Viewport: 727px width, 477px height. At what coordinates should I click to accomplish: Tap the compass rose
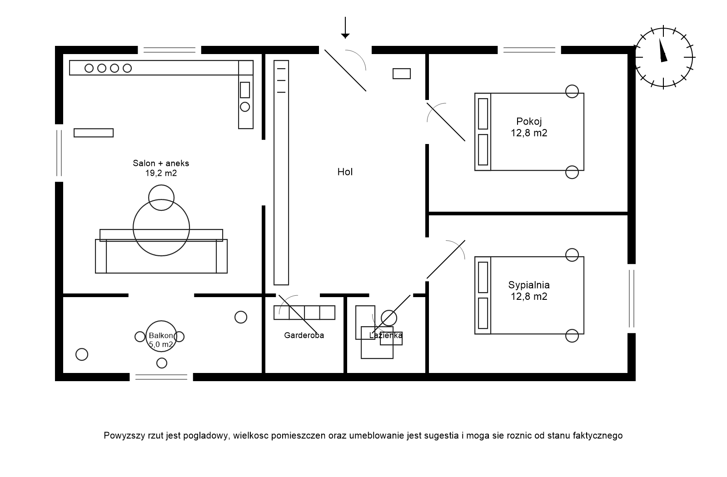point(664,57)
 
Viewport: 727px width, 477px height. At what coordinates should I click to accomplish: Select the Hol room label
point(345,172)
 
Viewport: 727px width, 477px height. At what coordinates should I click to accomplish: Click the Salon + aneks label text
point(161,163)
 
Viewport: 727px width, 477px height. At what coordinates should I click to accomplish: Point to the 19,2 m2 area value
point(161,173)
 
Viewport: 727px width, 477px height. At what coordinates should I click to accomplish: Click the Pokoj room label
point(529,121)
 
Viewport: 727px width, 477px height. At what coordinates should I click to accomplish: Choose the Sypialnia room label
point(529,285)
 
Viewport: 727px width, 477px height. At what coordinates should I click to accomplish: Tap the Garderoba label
point(304,335)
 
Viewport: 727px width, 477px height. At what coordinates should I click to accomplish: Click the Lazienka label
point(386,335)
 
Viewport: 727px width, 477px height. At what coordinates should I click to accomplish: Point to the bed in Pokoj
point(529,132)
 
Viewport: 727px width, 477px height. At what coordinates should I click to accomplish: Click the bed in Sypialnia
point(529,295)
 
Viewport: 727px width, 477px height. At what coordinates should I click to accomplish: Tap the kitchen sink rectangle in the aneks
point(245,90)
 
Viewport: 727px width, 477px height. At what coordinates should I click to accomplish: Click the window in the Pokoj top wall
point(529,50)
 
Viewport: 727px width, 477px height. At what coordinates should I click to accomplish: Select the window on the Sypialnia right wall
point(631,298)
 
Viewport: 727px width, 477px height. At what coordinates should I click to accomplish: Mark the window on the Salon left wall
point(59,153)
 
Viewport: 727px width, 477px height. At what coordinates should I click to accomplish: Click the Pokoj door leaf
point(446,122)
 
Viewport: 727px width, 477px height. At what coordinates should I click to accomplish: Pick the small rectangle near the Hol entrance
point(402,73)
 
